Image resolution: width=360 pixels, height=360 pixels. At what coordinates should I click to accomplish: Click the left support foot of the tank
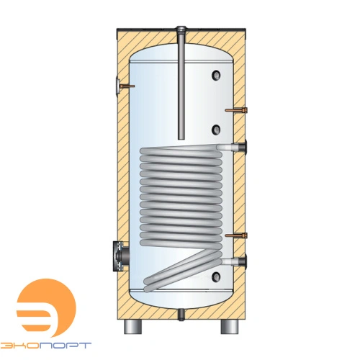[x=132, y=326]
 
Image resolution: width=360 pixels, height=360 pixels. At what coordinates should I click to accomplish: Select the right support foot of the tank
[x=230, y=326]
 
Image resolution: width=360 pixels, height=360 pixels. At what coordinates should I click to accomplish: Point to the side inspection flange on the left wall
[x=120, y=256]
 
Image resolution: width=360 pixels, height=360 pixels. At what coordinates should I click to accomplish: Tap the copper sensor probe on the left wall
[x=125, y=86]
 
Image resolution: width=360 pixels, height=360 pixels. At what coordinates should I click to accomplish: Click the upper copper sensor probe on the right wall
[x=236, y=110]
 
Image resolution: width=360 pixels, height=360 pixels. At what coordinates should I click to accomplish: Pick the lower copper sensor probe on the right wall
[x=236, y=235]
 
